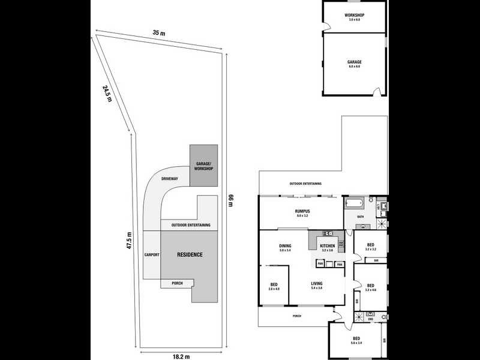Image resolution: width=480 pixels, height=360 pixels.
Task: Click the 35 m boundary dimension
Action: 158,33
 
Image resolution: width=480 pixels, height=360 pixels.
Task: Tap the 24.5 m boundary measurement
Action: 107,94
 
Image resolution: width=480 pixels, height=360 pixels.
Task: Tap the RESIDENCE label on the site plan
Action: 190,255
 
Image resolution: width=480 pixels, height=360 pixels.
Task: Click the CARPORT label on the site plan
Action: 152,255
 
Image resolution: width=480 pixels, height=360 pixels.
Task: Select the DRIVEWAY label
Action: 170,179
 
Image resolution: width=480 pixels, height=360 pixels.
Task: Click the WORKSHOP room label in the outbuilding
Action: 355,16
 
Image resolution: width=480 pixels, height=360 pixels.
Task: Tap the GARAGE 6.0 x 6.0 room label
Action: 354,64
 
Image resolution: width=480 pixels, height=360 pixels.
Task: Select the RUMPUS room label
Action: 302,213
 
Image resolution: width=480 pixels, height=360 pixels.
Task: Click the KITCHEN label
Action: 326,247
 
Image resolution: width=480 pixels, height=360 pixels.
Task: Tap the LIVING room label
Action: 317,286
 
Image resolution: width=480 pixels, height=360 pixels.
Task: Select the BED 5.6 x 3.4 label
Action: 356,341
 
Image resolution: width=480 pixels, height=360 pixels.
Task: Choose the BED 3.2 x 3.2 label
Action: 371,246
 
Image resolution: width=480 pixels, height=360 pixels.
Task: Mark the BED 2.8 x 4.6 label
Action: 274,286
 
